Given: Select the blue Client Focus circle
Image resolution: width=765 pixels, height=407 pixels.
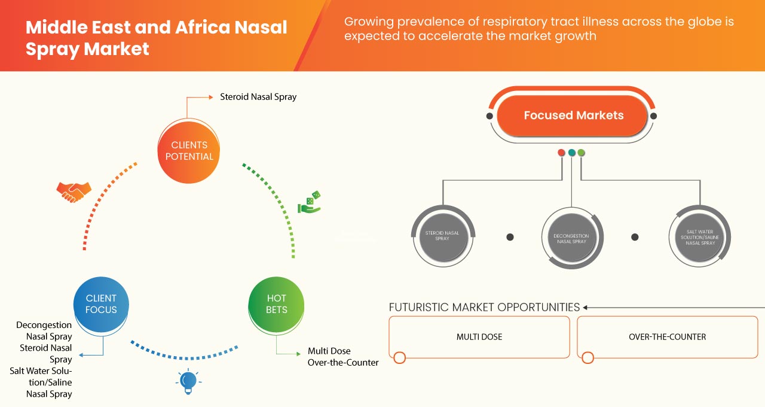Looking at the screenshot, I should pyautogui.click(x=102, y=303).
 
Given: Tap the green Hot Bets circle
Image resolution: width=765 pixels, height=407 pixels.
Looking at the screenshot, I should pyautogui.click(x=276, y=303).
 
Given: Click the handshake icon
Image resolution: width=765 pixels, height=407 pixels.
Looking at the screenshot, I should pyautogui.click(x=74, y=192).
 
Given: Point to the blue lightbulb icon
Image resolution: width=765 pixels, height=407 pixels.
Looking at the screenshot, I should pyautogui.click(x=188, y=381).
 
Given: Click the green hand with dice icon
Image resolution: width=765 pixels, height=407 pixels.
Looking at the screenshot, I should pyautogui.click(x=309, y=203).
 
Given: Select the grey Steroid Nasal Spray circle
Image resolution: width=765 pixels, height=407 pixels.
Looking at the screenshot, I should pyautogui.click(x=442, y=235).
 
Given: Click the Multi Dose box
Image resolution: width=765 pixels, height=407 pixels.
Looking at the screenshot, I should pyautogui.click(x=479, y=337).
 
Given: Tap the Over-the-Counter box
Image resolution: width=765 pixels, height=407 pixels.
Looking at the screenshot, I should pyautogui.click(x=667, y=337).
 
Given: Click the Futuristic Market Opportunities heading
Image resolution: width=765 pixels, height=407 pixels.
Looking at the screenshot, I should pyautogui.click(x=484, y=307).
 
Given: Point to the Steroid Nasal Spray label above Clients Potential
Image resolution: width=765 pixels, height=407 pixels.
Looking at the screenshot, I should pyautogui.click(x=258, y=96).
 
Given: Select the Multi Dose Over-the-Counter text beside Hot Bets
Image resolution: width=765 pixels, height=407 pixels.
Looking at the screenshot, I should pyautogui.click(x=342, y=357).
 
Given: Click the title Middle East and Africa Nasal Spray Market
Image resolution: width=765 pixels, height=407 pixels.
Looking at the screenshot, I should pyautogui.click(x=156, y=37).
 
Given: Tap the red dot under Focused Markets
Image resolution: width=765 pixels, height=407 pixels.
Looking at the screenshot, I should pyautogui.click(x=561, y=153).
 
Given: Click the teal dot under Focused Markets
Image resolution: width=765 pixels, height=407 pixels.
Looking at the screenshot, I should pyautogui.click(x=571, y=153).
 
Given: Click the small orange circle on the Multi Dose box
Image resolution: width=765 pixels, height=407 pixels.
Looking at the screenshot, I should pyautogui.click(x=400, y=358).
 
